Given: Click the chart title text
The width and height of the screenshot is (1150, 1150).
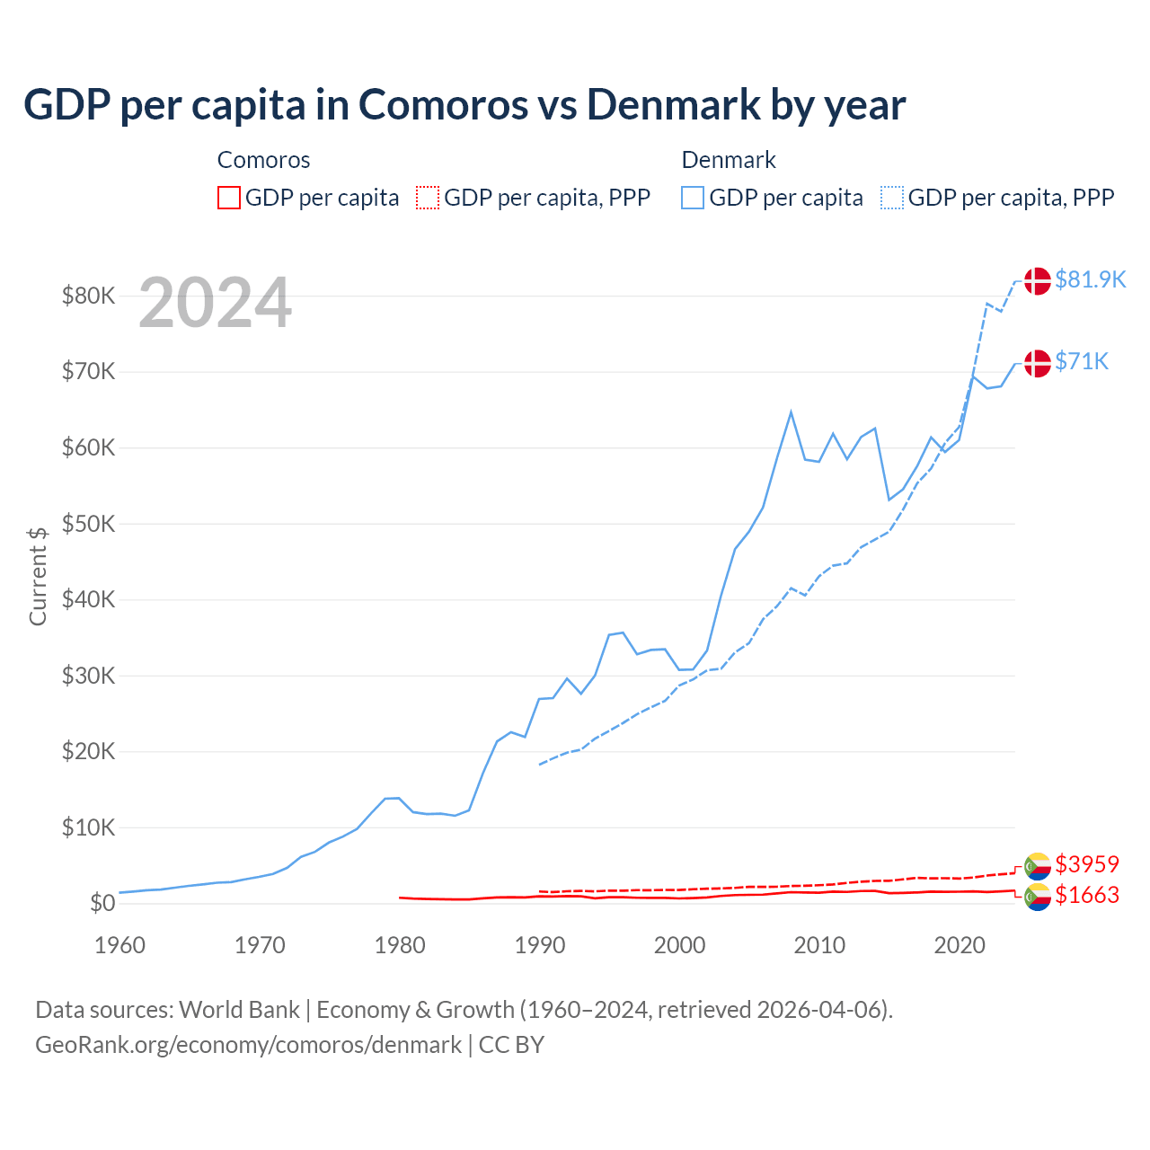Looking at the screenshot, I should pyautogui.click(x=464, y=105).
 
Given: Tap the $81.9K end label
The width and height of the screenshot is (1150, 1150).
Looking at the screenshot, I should pyautogui.click(x=1090, y=279).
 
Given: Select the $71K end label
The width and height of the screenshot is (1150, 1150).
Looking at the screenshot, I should pyautogui.click(x=1082, y=361).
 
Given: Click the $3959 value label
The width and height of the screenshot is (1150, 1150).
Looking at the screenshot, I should pyautogui.click(x=1087, y=864).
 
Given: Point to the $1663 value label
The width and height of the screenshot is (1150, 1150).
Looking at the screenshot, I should pyautogui.click(x=1087, y=895).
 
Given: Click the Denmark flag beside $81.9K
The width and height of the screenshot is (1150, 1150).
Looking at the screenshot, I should pyautogui.click(x=1038, y=280).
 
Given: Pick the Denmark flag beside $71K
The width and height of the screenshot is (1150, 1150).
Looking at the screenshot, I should pyautogui.click(x=1038, y=363).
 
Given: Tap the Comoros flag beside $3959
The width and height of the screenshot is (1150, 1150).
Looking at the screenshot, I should pyautogui.click(x=1038, y=866).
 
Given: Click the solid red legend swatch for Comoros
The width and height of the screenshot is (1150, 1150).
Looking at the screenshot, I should pyautogui.click(x=229, y=198).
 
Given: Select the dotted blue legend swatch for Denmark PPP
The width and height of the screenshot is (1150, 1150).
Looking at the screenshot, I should pyautogui.click(x=892, y=198).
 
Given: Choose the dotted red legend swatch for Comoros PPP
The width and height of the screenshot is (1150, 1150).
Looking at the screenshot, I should pyautogui.click(x=428, y=198).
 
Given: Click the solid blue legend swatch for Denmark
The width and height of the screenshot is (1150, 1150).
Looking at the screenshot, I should pyautogui.click(x=693, y=198).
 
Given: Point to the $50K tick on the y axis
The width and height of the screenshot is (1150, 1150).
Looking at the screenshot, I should pyautogui.click(x=88, y=524).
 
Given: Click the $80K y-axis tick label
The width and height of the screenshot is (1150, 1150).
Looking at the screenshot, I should pyautogui.click(x=88, y=296).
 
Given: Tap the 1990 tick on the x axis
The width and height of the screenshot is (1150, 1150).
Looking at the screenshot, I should pyautogui.click(x=540, y=945).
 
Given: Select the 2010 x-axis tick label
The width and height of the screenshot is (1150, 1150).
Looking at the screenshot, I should pyautogui.click(x=819, y=945).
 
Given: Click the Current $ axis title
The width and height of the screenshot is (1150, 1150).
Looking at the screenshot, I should pyautogui.click(x=38, y=576).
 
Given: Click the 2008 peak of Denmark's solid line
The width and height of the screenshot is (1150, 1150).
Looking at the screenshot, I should pyautogui.click(x=791, y=412).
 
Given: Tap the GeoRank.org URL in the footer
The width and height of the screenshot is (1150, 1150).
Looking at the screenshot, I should pyautogui.click(x=248, y=1045).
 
